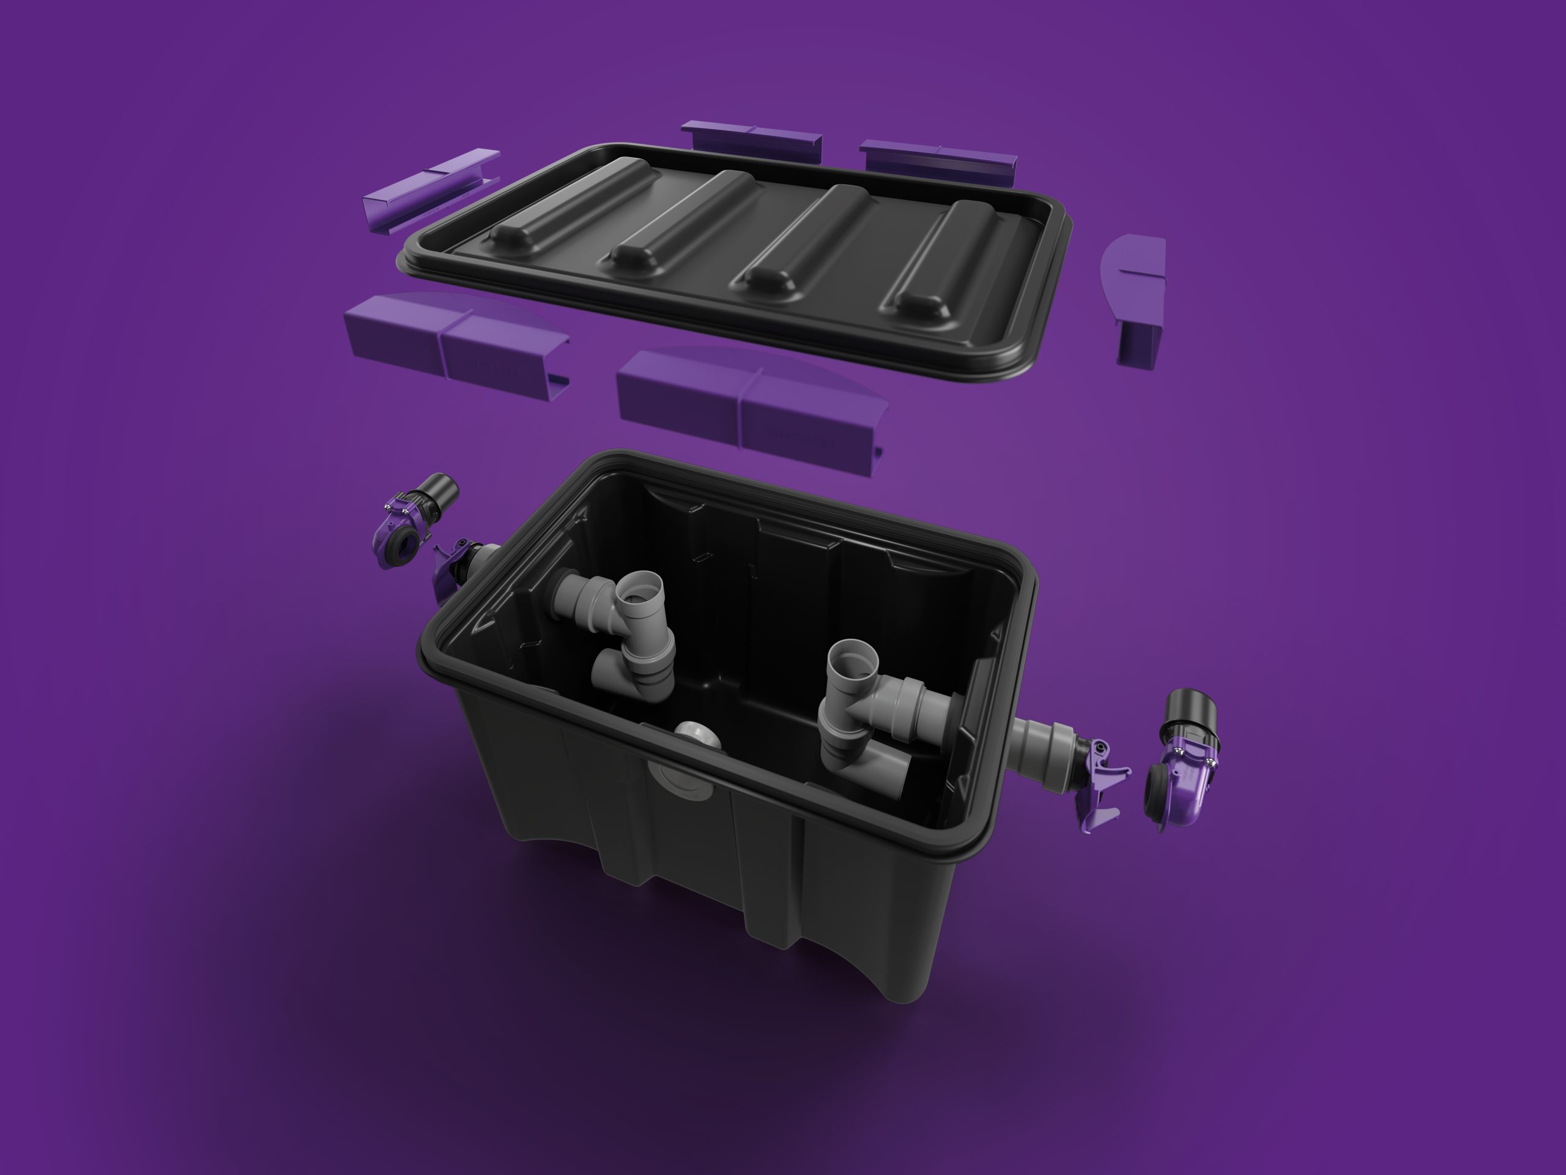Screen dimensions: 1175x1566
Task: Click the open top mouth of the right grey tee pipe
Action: point(853,662)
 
